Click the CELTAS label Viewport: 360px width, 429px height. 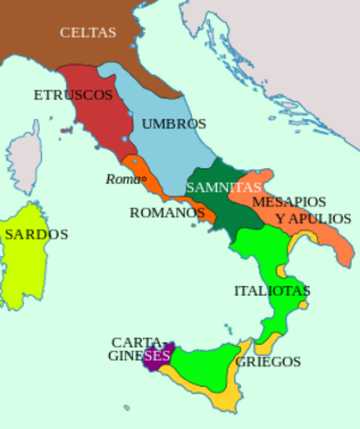[88, 32]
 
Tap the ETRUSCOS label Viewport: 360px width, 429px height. [73, 95]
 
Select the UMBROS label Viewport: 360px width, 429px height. [173, 123]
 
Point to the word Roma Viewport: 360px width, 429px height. [121, 179]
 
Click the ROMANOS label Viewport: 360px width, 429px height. [168, 213]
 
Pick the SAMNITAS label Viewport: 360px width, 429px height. [223, 188]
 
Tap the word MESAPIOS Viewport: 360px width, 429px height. [289, 202]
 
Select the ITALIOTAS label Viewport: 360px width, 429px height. [272, 290]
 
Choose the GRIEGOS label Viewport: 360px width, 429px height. [268, 362]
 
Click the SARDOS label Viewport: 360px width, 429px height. [36, 234]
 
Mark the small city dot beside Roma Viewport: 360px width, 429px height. [143, 178]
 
